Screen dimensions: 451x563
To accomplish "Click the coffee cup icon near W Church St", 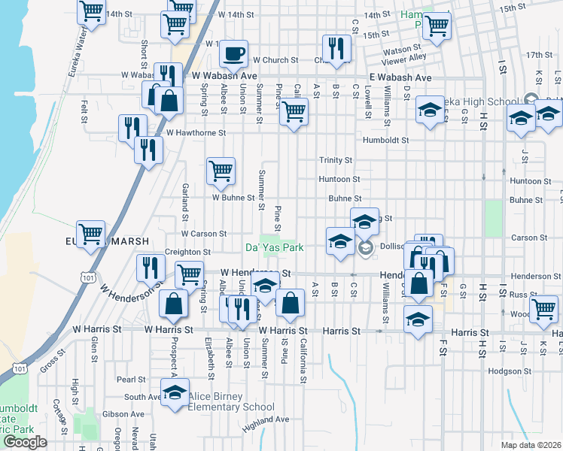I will point(233,53).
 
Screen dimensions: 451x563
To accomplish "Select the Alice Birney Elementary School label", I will point(220,401).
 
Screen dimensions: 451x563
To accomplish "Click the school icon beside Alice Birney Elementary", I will point(175,393).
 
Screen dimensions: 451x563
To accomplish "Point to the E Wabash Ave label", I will point(400,77).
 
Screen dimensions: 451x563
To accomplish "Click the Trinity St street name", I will point(335,160).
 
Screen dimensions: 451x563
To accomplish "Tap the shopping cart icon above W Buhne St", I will point(221,171).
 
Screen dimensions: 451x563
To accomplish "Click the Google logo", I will point(25,442).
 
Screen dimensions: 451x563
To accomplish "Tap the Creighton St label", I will point(188,252).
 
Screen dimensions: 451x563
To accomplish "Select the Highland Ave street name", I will point(266,419).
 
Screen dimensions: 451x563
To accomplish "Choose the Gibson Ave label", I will point(123,413).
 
